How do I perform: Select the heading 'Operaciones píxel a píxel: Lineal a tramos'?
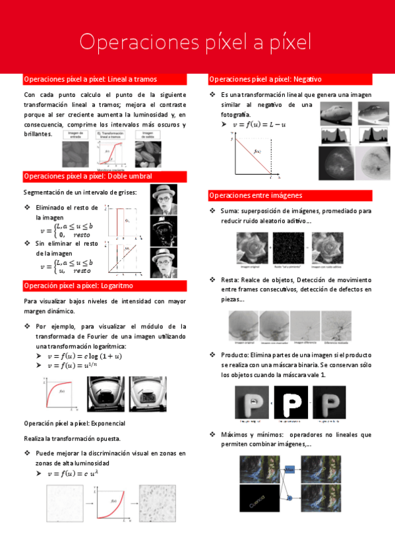click(x=90, y=79)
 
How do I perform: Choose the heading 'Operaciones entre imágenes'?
click(x=256, y=195)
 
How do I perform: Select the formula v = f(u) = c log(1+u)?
click(x=84, y=356)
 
